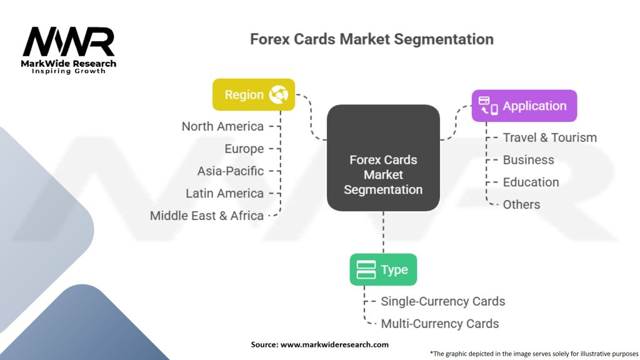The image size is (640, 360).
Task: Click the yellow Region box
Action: click(x=254, y=95)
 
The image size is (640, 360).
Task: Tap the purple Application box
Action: click(x=524, y=106)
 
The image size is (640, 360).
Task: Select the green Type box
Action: click(x=383, y=269)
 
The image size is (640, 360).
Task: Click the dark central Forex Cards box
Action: click(x=383, y=158)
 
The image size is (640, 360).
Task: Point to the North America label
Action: click(x=222, y=126)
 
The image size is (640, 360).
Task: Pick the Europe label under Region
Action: click(x=244, y=149)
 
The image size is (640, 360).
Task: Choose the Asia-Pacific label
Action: click(x=230, y=171)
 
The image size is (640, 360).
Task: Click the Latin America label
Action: click(x=224, y=194)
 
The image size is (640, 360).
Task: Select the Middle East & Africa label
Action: click(x=206, y=216)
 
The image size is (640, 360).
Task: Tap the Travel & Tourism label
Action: click(x=550, y=137)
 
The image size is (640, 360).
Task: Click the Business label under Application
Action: click(x=528, y=160)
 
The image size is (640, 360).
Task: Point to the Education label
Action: click(x=531, y=182)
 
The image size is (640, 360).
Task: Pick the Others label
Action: click(x=521, y=204)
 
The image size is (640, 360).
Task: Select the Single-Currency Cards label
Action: click(x=443, y=301)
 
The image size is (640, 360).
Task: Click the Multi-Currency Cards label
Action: click(x=439, y=324)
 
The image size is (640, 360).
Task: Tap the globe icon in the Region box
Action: click(x=279, y=95)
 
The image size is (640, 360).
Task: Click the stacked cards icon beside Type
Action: click(x=366, y=269)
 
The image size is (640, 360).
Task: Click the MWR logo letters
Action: click(x=69, y=42)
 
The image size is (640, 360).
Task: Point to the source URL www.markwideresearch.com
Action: click(x=334, y=344)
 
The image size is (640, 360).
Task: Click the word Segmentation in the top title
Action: click(x=444, y=39)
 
